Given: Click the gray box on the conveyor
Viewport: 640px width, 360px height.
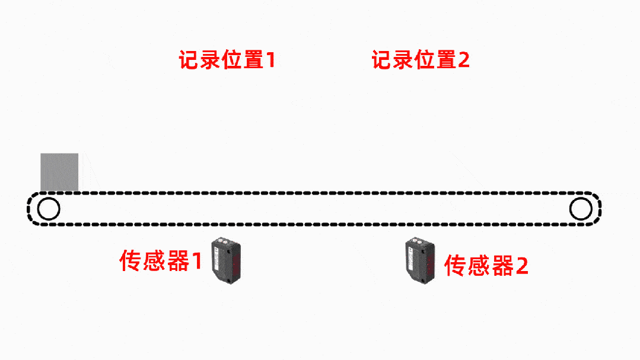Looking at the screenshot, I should (59, 172).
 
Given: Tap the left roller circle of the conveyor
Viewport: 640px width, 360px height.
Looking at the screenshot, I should (48, 209).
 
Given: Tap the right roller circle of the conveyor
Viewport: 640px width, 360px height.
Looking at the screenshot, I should (581, 209).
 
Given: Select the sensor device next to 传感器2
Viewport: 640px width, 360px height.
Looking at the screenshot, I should (421, 260).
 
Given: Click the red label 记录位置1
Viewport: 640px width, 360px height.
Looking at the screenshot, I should (227, 60).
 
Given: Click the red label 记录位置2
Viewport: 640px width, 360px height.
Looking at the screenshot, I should (421, 60).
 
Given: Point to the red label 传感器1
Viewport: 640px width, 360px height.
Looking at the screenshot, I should (161, 261).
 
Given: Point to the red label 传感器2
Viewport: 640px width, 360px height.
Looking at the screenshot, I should (486, 265).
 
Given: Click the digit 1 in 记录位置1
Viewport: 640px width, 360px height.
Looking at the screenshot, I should (270, 60).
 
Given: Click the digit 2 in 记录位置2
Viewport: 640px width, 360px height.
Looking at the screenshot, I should (463, 60).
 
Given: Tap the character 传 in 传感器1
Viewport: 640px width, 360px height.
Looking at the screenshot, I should (131, 261).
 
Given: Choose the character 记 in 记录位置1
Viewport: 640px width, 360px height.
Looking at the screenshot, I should (190, 60).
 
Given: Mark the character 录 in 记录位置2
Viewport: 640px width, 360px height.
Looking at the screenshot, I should (403, 60).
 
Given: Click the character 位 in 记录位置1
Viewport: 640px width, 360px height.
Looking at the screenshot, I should (231, 60).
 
